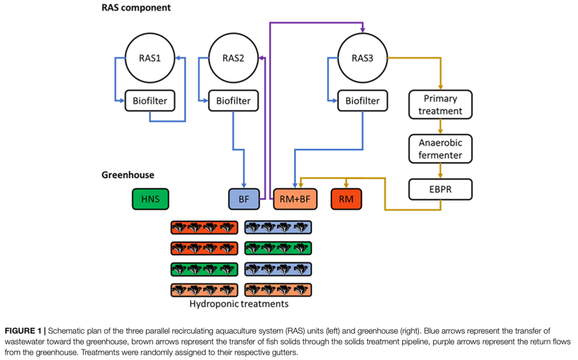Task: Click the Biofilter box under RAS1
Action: (x=150, y=101)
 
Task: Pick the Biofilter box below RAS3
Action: (x=363, y=101)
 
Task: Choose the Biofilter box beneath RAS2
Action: (x=233, y=101)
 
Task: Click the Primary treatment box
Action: (x=440, y=105)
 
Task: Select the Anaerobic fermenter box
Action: (x=440, y=149)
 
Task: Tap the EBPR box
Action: (x=440, y=189)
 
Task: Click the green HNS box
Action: (x=150, y=199)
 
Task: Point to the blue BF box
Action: (x=244, y=199)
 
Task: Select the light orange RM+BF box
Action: (x=295, y=199)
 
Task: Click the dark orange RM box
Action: (x=346, y=199)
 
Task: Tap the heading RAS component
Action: (x=136, y=8)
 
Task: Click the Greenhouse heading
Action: (x=128, y=175)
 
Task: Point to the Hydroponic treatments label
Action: (x=239, y=304)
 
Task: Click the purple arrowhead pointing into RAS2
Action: (x=261, y=58)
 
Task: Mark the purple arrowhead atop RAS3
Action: (x=363, y=30)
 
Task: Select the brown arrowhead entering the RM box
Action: (x=346, y=186)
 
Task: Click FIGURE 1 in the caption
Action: (x=23, y=331)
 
